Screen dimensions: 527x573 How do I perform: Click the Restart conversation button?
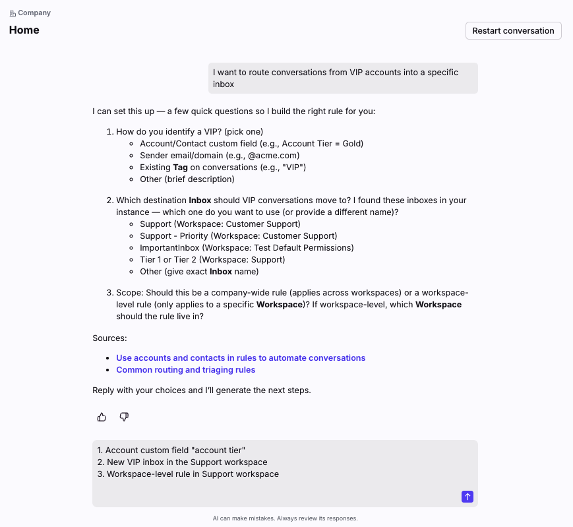[513, 31]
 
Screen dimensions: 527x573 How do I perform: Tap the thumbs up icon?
[102, 417]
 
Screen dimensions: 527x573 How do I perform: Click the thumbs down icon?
[124, 417]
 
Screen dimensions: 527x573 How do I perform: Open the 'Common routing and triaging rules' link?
[185, 370]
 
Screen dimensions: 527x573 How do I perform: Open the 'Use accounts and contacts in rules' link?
[241, 358]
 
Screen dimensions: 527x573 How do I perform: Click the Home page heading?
[24, 30]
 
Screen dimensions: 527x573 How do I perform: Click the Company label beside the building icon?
[34, 13]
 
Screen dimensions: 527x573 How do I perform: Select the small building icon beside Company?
[13, 13]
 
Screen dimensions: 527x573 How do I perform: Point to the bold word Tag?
[181, 168]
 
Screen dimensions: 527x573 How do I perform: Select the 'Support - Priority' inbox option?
[238, 236]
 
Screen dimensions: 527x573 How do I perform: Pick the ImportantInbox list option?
[247, 248]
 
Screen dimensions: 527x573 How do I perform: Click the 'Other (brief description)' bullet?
[187, 179]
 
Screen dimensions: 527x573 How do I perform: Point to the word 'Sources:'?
[109, 338]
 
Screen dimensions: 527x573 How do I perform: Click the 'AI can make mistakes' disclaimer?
[285, 518]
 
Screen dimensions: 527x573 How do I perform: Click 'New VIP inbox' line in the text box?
[187, 462]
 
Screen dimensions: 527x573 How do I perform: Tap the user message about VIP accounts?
[343, 78]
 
